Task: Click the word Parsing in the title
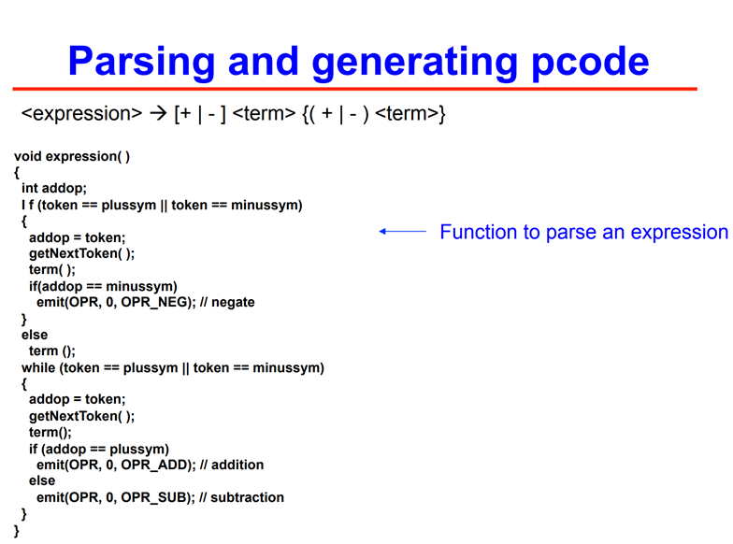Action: point(142,62)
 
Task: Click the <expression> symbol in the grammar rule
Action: point(82,114)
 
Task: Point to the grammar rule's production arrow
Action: point(159,114)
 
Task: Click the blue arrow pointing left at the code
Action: point(402,231)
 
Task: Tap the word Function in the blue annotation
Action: point(479,232)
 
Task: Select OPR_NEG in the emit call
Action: point(156,303)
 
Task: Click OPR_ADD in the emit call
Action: point(156,465)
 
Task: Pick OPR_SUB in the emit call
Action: point(155,497)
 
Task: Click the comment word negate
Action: point(233,303)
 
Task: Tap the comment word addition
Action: point(237,465)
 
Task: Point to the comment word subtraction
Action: point(247,497)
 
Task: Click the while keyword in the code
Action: point(38,368)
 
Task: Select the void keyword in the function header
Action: point(28,156)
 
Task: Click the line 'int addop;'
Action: point(54,189)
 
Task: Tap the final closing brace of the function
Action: point(17,531)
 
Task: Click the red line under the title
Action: point(355,88)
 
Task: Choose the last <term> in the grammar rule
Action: point(408,114)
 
